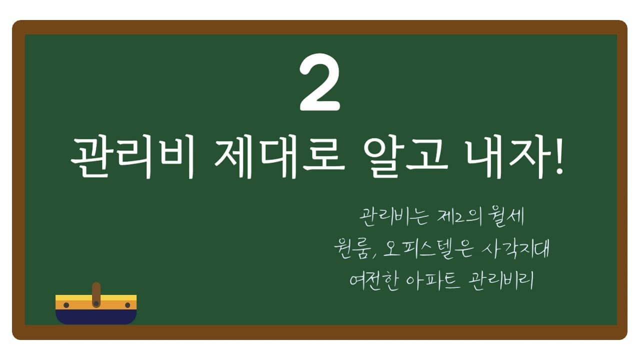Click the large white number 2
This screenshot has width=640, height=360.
(319, 82)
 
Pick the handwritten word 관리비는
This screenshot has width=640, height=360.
(394, 216)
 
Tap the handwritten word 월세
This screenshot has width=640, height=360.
(506, 216)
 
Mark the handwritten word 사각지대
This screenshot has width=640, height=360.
(515, 249)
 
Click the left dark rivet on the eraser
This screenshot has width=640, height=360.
(66, 305)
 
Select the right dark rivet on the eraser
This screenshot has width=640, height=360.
(127, 305)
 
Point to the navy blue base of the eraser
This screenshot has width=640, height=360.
(96, 317)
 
